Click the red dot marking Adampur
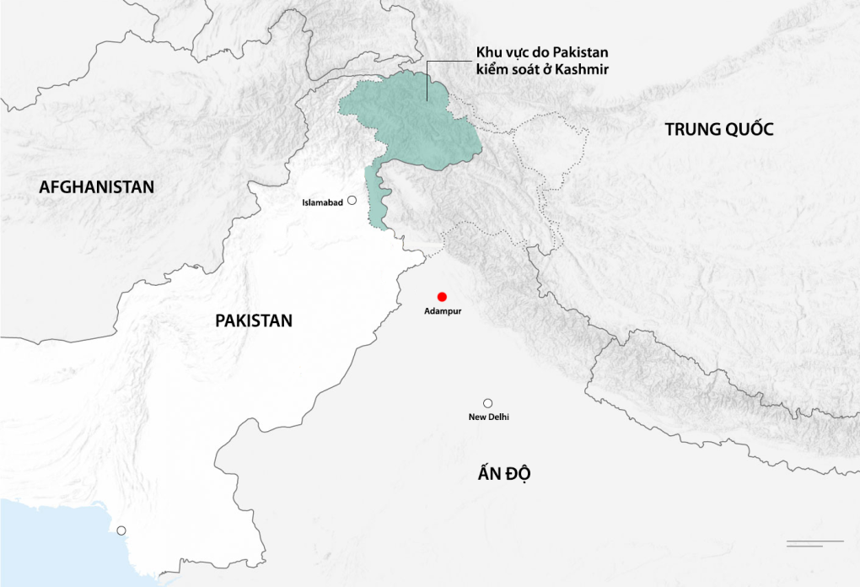click(x=441, y=296)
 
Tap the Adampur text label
click(x=443, y=311)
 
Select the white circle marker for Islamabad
click(x=352, y=201)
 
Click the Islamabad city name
click(x=323, y=202)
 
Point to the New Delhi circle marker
click(x=487, y=403)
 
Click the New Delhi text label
click(x=488, y=417)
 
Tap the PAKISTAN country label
click(x=254, y=320)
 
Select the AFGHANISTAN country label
click(x=97, y=187)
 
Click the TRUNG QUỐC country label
click(x=718, y=129)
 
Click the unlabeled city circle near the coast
click(x=121, y=530)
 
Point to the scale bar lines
click(x=814, y=542)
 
